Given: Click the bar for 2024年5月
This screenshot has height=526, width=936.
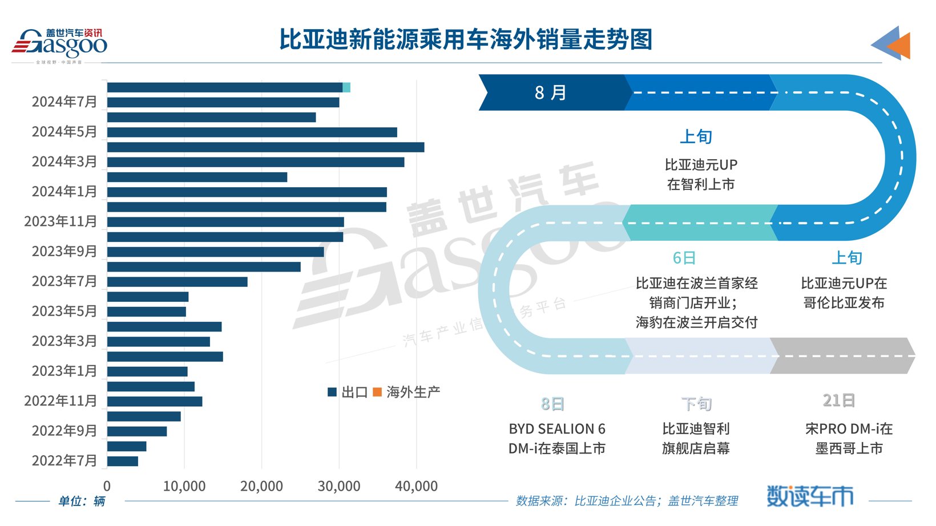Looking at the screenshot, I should click(252, 132).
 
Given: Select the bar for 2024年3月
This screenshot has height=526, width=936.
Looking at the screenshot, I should click(255, 162).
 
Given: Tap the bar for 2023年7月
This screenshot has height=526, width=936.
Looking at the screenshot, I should click(177, 282).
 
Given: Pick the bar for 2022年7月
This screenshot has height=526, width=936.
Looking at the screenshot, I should click(122, 461).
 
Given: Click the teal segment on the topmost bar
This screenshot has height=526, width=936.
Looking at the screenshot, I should click(346, 87).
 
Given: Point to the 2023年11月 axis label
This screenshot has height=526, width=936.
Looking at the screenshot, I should click(60, 221).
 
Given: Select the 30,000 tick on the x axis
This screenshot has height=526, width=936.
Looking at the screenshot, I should click(339, 486).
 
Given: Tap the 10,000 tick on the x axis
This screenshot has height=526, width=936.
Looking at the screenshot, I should click(184, 486).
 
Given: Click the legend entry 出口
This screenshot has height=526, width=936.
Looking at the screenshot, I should click(348, 392).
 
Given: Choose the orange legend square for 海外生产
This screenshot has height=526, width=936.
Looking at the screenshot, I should click(377, 392).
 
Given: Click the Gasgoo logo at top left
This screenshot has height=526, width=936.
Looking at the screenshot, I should click(59, 44).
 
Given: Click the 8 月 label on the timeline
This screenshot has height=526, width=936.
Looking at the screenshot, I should click(550, 92).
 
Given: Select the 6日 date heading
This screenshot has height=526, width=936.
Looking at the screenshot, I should click(684, 258).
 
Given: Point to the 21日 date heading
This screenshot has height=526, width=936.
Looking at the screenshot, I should click(838, 400).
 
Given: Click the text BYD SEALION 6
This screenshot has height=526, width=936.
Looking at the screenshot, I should click(556, 429).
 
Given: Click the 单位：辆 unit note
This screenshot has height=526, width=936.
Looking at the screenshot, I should click(82, 501).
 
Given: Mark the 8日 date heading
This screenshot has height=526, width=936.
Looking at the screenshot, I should click(552, 404).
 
